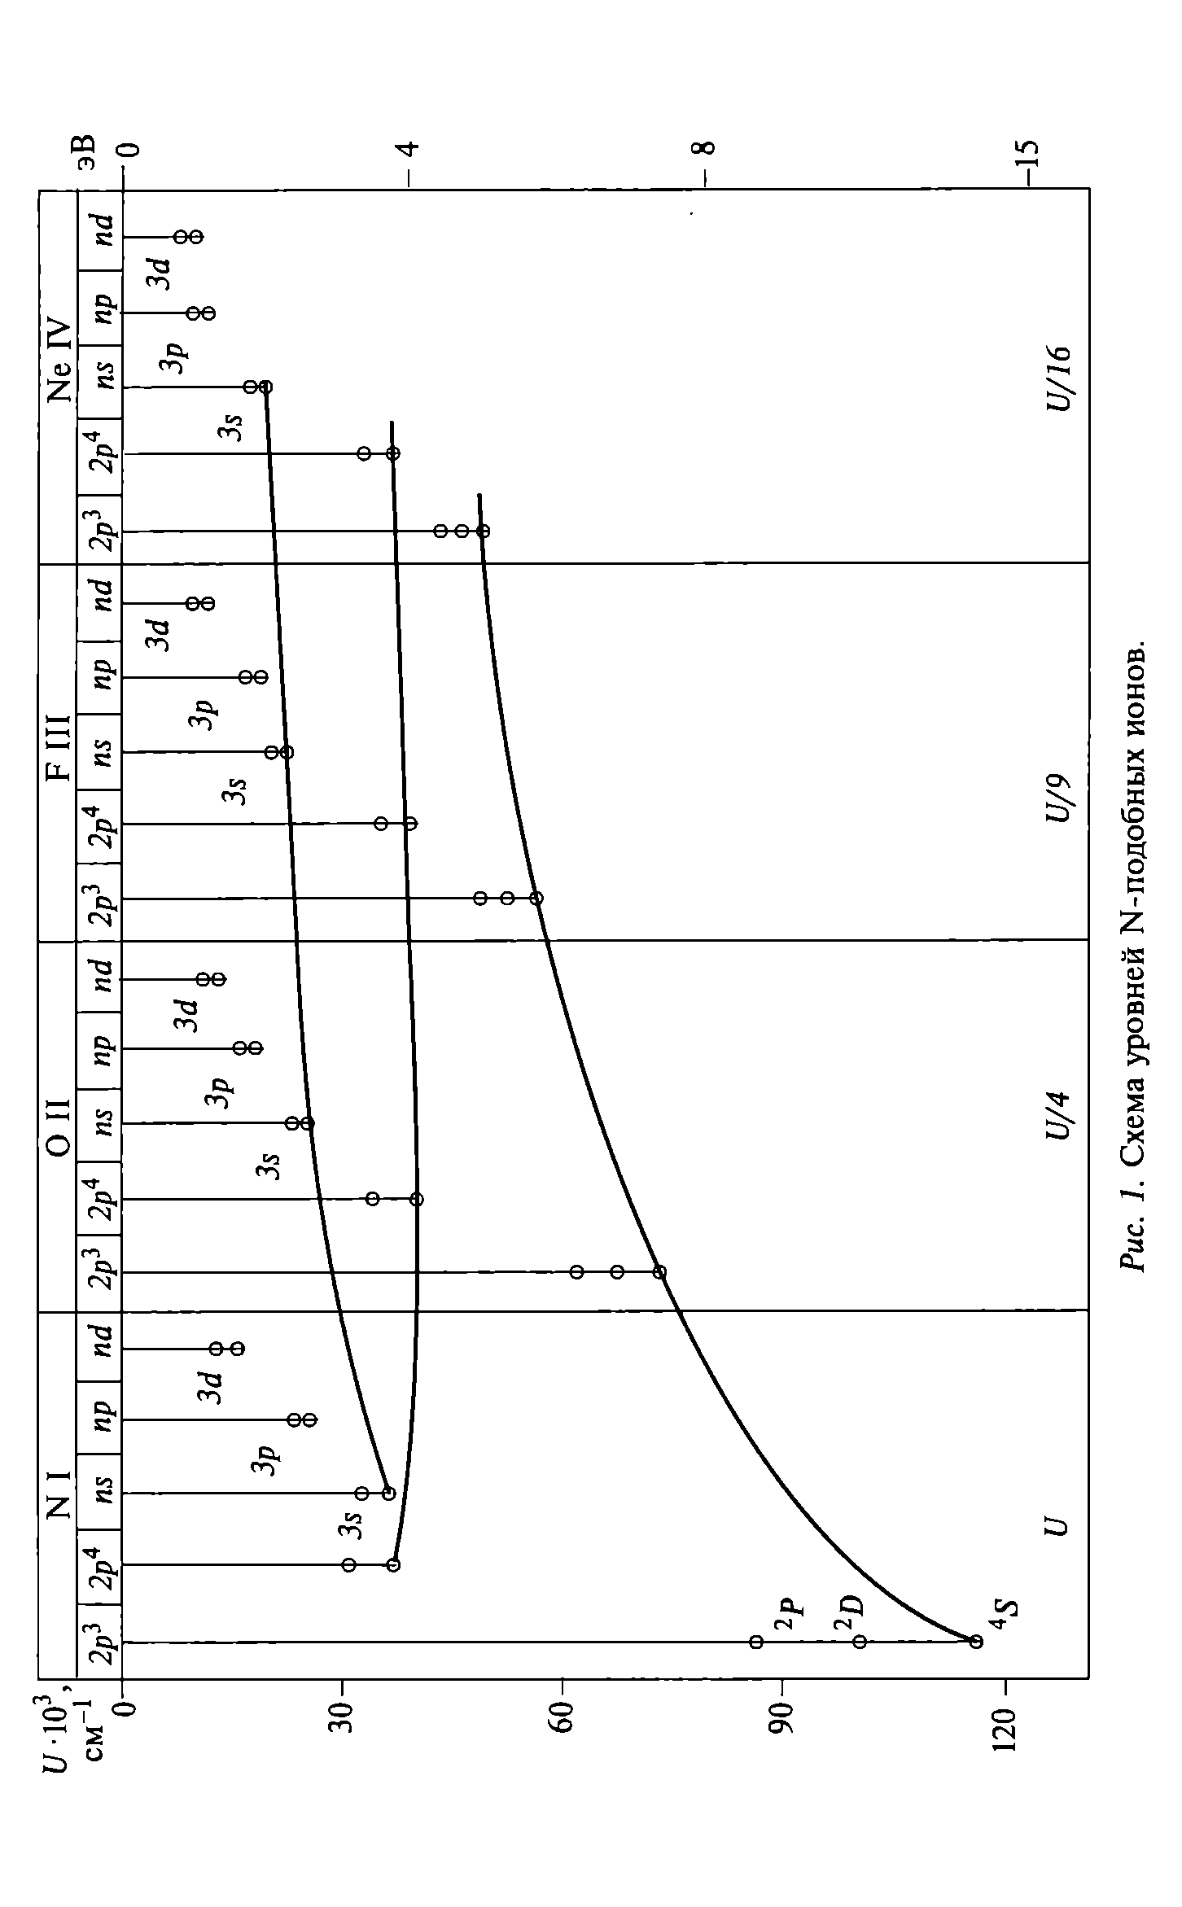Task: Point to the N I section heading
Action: [59, 1496]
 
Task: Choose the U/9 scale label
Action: [1059, 799]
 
